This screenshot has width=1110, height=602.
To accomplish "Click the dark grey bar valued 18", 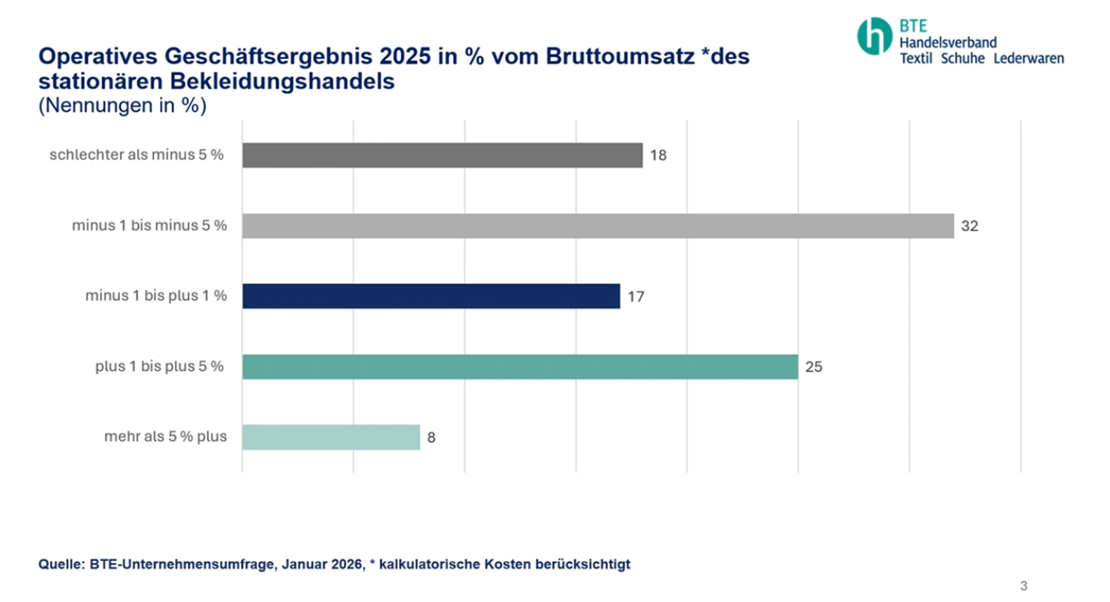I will click(x=442, y=156).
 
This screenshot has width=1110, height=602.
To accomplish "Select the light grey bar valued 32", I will click(x=597, y=226).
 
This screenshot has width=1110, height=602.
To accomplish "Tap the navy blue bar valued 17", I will click(x=431, y=296).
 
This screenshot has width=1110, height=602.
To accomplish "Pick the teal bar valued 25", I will click(x=519, y=367).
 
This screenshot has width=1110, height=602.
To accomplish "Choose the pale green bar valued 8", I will click(x=331, y=437).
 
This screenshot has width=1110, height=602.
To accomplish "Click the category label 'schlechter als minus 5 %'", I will click(x=137, y=155).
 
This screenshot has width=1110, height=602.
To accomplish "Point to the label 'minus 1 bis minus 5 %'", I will click(x=149, y=225).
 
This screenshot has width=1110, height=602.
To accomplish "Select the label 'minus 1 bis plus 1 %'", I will click(x=156, y=296).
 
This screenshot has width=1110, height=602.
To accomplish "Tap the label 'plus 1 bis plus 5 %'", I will click(x=159, y=366).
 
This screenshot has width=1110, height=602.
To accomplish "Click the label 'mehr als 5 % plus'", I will click(x=164, y=436).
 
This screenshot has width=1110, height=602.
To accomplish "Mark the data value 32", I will click(x=969, y=226).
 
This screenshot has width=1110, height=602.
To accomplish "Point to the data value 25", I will click(x=813, y=367).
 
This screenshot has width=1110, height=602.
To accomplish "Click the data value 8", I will click(x=431, y=437).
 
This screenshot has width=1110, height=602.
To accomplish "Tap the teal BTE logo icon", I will click(x=875, y=35).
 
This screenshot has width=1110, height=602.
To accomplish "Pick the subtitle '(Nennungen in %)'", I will click(x=122, y=106).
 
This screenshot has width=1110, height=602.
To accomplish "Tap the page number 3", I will click(x=1023, y=586).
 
